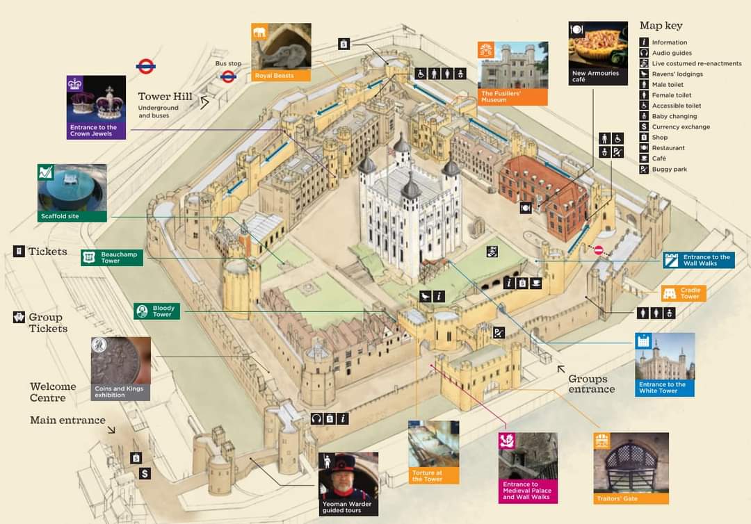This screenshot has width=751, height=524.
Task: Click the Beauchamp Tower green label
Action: pyautogui.click(x=112, y=258)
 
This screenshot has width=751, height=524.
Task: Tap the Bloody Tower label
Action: pyautogui.click(x=157, y=311)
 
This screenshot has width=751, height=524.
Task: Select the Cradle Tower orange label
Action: pyautogui.click(x=684, y=293)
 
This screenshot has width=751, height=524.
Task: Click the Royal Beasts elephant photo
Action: pyautogui.click(x=281, y=47)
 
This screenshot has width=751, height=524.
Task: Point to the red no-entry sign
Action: pyautogui.click(x=598, y=250)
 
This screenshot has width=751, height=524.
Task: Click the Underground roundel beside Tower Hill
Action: pyautogui.click(x=145, y=67)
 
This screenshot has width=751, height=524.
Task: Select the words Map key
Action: pyautogui.click(x=661, y=26)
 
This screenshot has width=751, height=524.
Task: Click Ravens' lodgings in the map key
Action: pyautogui.click(x=677, y=74)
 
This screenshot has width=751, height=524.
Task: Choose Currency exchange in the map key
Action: pyautogui.click(x=680, y=127)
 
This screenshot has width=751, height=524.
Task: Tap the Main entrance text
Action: pyautogui.click(x=67, y=420)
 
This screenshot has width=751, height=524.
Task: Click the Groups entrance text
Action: pyautogui.click(x=591, y=384)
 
